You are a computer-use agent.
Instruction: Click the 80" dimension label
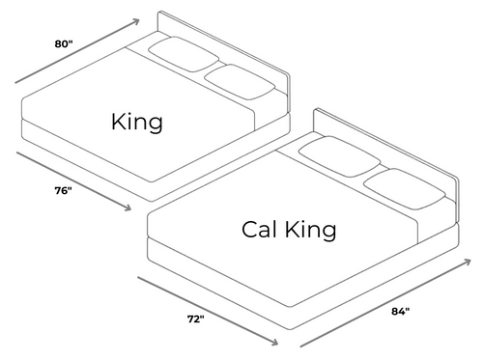click(65, 42)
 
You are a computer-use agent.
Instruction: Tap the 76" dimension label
click(63, 191)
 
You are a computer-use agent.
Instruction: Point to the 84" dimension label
click(400, 311)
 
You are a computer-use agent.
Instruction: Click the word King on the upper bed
click(136, 123)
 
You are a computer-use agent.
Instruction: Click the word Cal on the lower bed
click(262, 230)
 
